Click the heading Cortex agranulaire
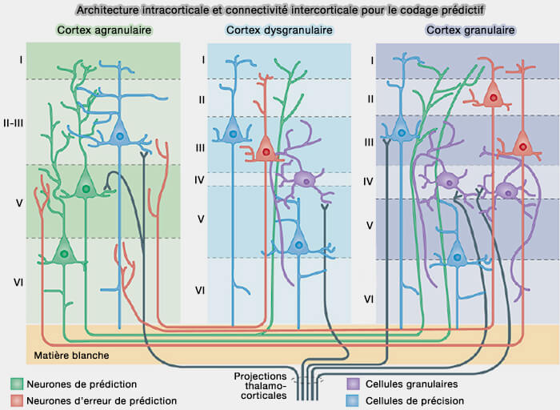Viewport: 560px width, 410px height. pos(104,30)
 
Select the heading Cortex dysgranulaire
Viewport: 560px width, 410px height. pos(279,30)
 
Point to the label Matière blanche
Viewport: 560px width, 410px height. pos(71,355)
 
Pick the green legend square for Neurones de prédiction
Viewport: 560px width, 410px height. pos(16,384)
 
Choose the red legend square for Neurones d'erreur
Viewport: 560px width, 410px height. pos(16,400)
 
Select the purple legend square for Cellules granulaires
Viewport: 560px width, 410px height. pos(352,384)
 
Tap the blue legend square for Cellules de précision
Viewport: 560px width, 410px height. pos(352,400)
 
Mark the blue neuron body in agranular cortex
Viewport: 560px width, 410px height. pos(119,136)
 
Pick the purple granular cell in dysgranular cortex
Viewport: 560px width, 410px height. pos(303,179)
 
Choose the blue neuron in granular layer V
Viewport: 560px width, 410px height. pos(457,257)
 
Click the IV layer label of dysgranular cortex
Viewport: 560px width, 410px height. pos(202,180)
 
